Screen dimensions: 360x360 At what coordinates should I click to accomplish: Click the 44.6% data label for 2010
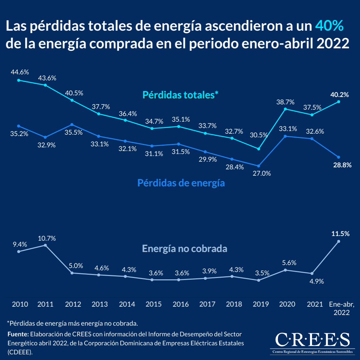coord(20,72)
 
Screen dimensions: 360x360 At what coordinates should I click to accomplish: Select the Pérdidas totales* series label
coord(180,95)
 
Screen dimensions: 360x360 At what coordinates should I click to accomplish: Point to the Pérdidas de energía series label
coord(181,183)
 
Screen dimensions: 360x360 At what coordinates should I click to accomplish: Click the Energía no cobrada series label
coord(185,249)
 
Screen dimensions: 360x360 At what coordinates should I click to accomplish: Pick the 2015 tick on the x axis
coord(154,304)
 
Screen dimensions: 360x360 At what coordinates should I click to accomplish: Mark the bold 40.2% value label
coord(339,95)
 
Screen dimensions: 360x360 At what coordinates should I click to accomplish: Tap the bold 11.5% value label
coord(340,234)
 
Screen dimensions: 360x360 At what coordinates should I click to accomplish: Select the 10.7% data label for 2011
coord(47,238)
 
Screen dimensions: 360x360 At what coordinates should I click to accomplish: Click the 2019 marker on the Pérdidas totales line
coord(259,149)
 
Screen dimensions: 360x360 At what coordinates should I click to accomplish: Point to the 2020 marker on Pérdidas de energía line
coord(285,136)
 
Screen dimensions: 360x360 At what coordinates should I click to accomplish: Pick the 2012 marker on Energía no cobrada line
coord(72,273)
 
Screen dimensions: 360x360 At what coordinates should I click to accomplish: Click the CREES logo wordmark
coord(312,340)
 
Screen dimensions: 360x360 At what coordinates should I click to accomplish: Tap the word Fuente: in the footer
coord(18,334)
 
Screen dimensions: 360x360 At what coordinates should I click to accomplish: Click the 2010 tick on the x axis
coord(20,304)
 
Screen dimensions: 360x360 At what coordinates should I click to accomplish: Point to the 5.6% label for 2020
coord(287,262)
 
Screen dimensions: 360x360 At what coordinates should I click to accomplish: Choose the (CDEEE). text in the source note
coord(20,352)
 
